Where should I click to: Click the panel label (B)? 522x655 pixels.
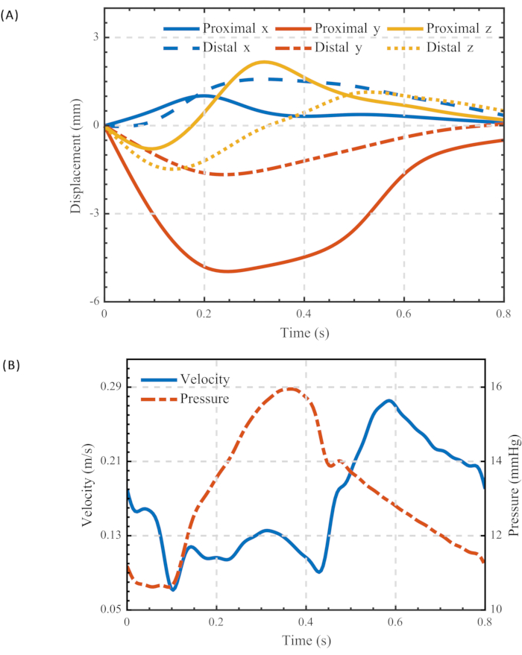coord(10,365)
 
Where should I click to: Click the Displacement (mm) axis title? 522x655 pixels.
coord(75,154)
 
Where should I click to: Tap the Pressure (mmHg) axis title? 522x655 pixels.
coord(514,485)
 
